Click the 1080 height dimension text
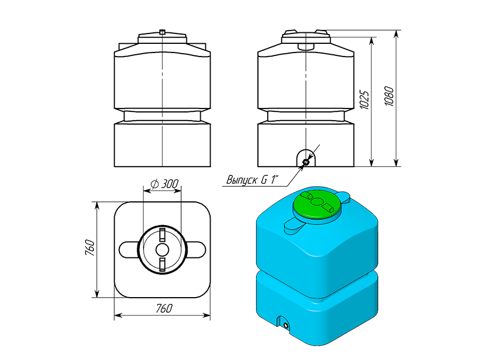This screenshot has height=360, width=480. [x=389, y=96]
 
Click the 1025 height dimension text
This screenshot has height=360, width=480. [x=364, y=99]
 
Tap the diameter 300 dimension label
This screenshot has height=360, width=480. [x=164, y=184]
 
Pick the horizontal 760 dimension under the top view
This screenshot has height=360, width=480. [x=164, y=308]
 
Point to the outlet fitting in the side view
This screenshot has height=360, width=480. [x=306, y=162]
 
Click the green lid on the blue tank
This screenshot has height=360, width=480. [x=317, y=204]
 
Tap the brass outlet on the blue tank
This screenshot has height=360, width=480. [x=286, y=325]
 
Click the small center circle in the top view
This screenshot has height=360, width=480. [x=162, y=250]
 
